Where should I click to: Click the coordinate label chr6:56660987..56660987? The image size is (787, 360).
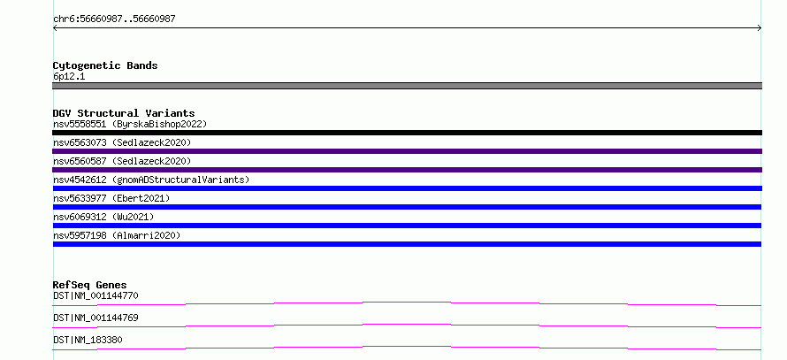(x=114, y=19)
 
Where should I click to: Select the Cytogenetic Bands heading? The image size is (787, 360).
(x=105, y=65)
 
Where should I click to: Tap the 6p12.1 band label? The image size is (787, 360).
(x=69, y=76)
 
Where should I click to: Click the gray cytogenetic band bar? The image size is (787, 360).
(x=407, y=86)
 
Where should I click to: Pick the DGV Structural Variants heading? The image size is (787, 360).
(x=124, y=113)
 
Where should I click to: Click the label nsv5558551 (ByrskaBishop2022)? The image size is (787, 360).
(x=130, y=124)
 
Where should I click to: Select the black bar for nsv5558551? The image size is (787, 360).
(x=407, y=133)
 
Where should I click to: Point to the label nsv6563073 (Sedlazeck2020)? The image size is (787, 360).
(x=122, y=142)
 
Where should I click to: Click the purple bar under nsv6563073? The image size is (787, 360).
(x=407, y=151)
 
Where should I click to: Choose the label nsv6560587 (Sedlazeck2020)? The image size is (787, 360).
(x=122, y=161)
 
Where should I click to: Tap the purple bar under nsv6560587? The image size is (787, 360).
(x=407, y=170)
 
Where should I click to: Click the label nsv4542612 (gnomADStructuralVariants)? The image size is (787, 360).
(x=151, y=180)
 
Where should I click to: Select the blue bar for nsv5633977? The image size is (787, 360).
(x=407, y=207)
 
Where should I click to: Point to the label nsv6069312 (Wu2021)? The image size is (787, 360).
(x=103, y=217)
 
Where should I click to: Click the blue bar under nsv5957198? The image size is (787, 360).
(x=407, y=244)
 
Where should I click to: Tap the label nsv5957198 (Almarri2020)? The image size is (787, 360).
(x=117, y=235)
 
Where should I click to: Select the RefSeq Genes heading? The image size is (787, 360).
(x=90, y=285)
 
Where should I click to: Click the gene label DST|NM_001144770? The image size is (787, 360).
(x=96, y=295)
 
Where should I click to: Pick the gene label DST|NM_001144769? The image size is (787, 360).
(x=96, y=318)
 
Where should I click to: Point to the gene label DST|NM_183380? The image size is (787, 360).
(x=88, y=340)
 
